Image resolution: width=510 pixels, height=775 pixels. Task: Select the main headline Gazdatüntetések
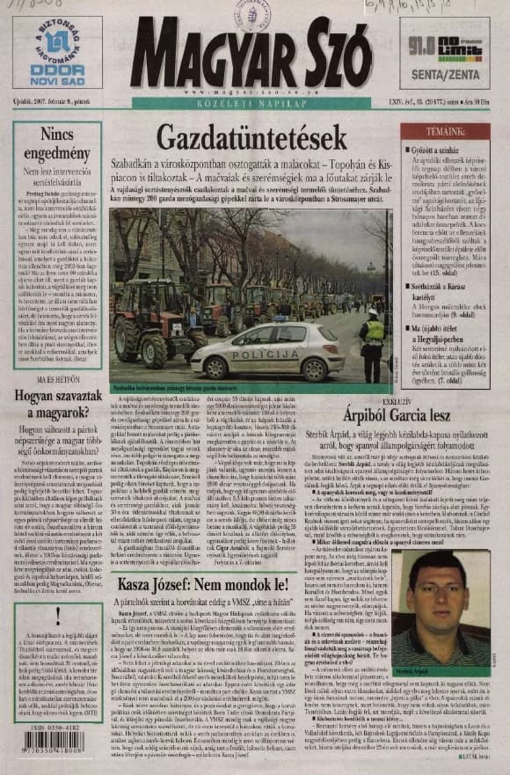pos(251,138)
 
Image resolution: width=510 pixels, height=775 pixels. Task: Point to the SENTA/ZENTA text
pos(444,76)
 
